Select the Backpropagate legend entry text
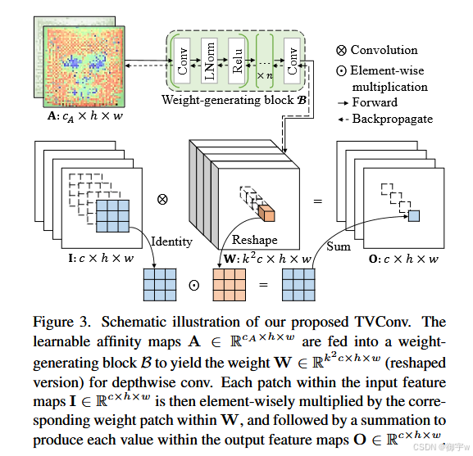coord(392,119)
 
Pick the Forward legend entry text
coord(375,102)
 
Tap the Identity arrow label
coord(172,242)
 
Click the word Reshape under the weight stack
coord(255,241)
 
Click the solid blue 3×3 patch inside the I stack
coord(112,216)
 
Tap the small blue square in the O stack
coord(414,215)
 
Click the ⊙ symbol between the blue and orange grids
coord(194,287)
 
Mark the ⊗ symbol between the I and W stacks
coord(162,198)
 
